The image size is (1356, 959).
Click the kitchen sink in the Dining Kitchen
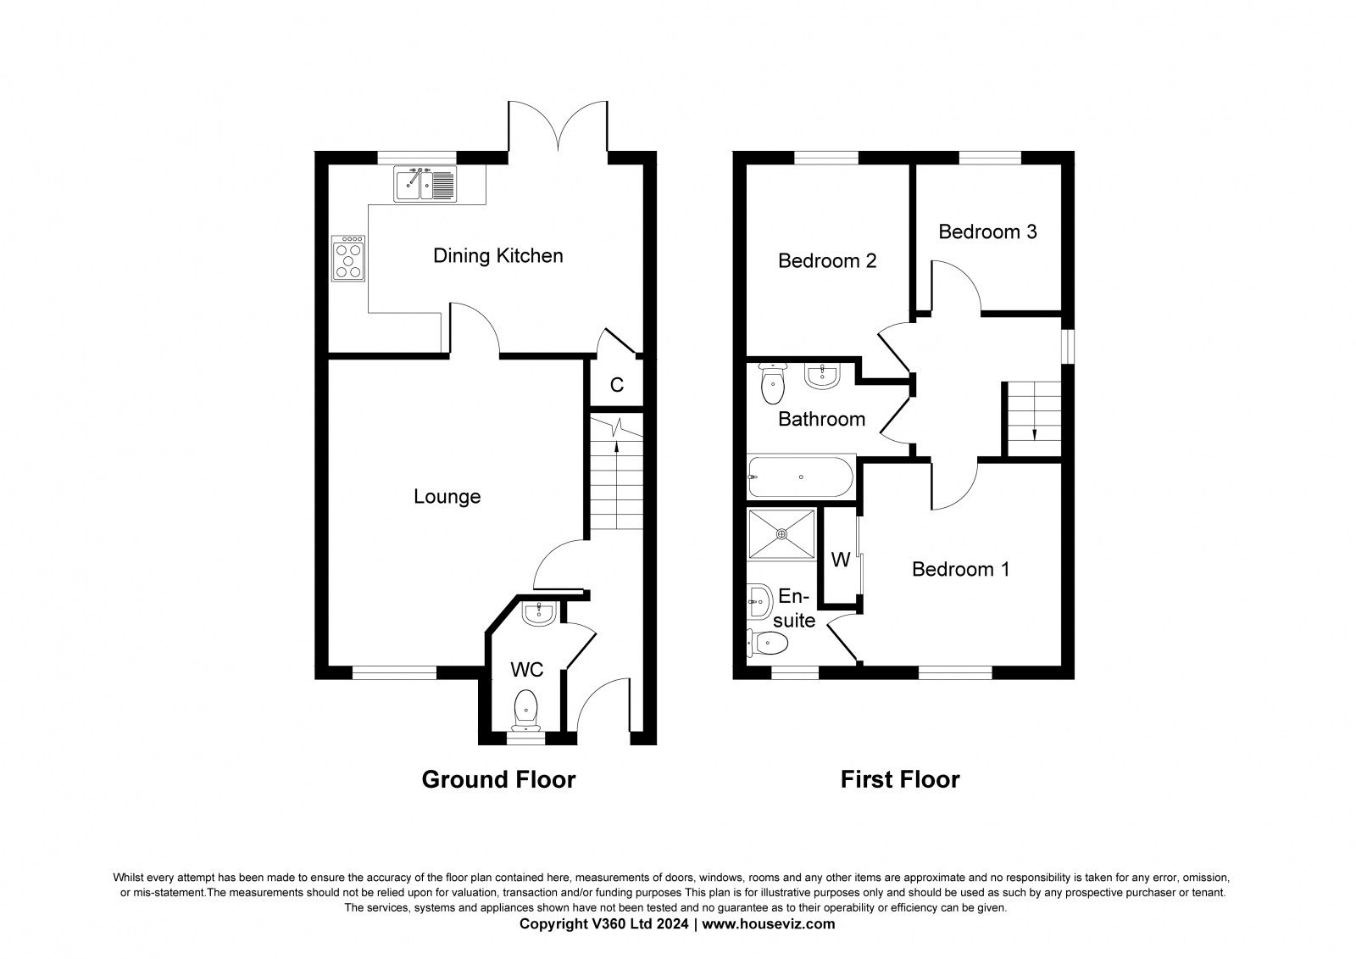(x=425, y=183)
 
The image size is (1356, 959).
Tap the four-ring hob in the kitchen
(x=348, y=258)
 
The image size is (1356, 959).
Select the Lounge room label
(x=447, y=497)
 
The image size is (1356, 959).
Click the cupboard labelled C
(x=617, y=385)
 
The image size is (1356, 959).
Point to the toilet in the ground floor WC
(x=526, y=707)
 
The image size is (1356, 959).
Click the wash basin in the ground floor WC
(x=539, y=613)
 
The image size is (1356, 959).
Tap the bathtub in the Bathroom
(x=801, y=477)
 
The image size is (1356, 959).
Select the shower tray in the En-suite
(x=781, y=533)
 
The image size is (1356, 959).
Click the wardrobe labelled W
(x=840, y=560)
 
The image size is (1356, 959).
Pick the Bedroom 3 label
(x=987, y=231)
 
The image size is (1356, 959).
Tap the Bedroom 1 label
(x=960, y=569)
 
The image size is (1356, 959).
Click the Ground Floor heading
(x=498, y=779)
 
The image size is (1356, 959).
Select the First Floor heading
(x=900, y=779)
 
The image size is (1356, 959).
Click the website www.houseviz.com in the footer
(x=768, y=924)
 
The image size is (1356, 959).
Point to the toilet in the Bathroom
(x=773, y=384)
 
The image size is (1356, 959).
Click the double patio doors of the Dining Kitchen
(x=558, y=127)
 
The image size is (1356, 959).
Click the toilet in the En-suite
(x=769, y=644)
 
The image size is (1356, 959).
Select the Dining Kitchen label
(x=497, y=255)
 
